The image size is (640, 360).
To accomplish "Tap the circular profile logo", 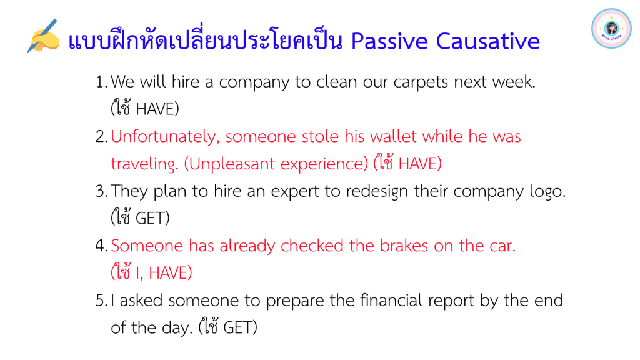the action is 611,29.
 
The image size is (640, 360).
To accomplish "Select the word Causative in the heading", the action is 487,41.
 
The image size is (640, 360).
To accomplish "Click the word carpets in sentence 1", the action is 421,82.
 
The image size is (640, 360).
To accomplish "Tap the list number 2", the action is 101,136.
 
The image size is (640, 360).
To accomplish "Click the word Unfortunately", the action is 165,137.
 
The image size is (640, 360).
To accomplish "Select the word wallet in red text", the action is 393,136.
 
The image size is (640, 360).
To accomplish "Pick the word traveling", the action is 144,164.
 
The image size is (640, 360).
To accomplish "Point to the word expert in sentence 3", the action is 295,191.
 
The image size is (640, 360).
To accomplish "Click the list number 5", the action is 101,301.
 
